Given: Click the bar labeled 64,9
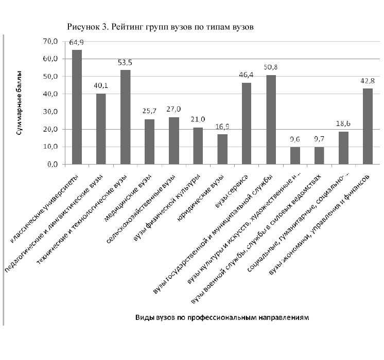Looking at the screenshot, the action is pyautogui.click(x=77, y=107).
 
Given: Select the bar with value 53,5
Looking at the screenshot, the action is pyautogui.click(x=126, y=117).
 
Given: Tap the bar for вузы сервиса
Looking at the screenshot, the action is pyautogui.click(x=247, y=123).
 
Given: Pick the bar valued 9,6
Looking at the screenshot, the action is pyautogui.click(x=295, y=156).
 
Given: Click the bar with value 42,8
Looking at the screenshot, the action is pyautogui.click(x=368, y=127).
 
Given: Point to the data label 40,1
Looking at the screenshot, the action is pyautogui.click(x=101, y=86).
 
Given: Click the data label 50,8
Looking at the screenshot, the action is pyautogui.click(x=271, y=67).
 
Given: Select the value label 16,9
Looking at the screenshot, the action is pyautogui.click(x=222, y=127).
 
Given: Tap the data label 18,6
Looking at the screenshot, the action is pyautogui.click(x=343, y=123).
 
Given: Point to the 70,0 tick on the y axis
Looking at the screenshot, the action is pyautogui.click(x=50, y=41).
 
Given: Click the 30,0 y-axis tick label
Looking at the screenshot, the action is pyautogui.click(x=50, y=112).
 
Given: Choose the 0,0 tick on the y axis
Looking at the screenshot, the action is pyautogui.click(x=53, y=165).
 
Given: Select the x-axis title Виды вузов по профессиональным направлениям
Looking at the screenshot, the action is pyautogui.click(x=222, y=318).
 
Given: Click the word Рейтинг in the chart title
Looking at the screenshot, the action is pyautogui.click(x=127, y=27).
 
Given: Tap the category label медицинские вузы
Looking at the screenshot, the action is pyautogui.click(x=128, y=198).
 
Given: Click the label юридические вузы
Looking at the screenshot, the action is pyautogui.click(x=200, y=199).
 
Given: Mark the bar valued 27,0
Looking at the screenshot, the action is pyautogui.click(x=174, y=141).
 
